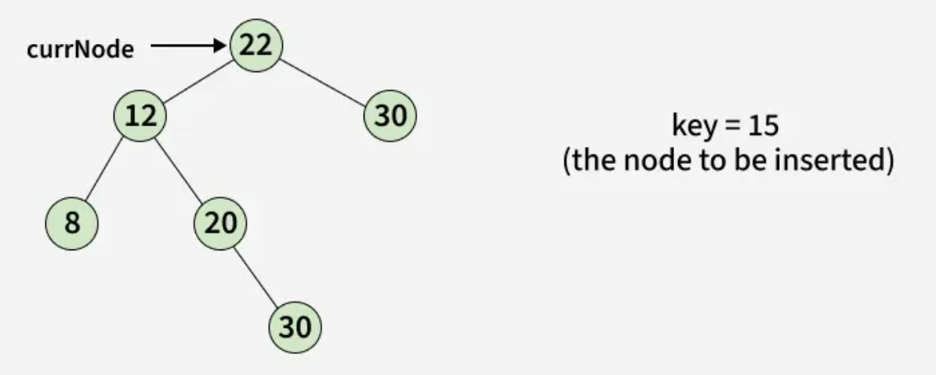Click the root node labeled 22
pyautogui.click(x=256, y=45)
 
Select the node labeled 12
pyautogui.click(x=140, y=116)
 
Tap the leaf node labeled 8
pyautogui.click(x=71, y=223)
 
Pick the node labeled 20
pyautogui.click(x=219, y=223)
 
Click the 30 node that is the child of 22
pyautogui.click(x=390, y=116)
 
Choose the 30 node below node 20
pyautogui.click(x=295, y=327)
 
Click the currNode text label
pyautogui.click(x=78, y=49)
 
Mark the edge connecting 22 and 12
pyautogui.click(x=198, y=81)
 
